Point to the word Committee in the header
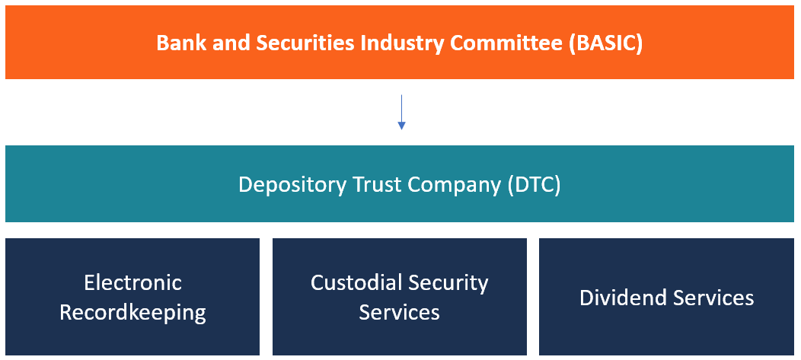tap(517, 43)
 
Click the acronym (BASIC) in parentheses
tap(606, 43)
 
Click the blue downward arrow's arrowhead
tap(401, 125)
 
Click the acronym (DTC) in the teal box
tap(534, 185)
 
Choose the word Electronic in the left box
tap(132, 283)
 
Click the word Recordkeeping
tap(132, 312)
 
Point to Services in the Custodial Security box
tap(399, 312)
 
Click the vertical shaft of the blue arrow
tap(401, 107)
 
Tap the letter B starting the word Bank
tap(162, 43)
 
